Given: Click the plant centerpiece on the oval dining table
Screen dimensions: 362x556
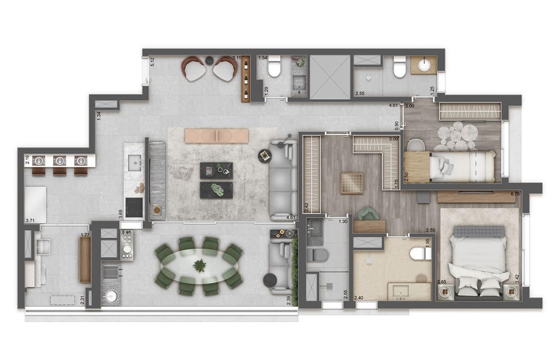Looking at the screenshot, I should [x=200, y=266].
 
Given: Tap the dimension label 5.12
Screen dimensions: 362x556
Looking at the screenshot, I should [x=152, y=62].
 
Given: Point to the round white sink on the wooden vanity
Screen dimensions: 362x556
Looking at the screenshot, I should [x=424, y=65].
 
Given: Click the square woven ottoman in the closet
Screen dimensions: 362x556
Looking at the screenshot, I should [x=352, y=183].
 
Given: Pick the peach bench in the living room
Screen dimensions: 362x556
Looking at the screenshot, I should [x=216, y=136].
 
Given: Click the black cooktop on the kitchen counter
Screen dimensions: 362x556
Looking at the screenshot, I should [x=134, y=208].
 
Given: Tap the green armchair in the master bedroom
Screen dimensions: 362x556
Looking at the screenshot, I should [x=369, y=214].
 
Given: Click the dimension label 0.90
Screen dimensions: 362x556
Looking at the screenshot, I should [x=396, y=125].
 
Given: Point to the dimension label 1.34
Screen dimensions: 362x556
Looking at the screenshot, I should [x=99, y=116].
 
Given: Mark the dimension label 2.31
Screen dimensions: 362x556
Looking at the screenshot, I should [x=82, y=300].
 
